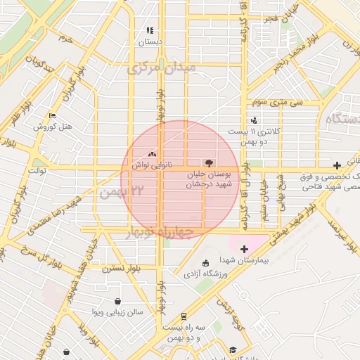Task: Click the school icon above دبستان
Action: tap(149, 31)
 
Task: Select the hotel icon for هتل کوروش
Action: tap(52, 116)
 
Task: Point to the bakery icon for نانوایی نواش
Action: tap(153, 155)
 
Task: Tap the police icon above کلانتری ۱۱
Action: tap(253, 121)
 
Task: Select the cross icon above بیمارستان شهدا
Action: tap(244, 249)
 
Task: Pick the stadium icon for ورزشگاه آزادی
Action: tap(205, 262)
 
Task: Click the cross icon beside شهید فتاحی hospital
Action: tap(337, 164)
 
